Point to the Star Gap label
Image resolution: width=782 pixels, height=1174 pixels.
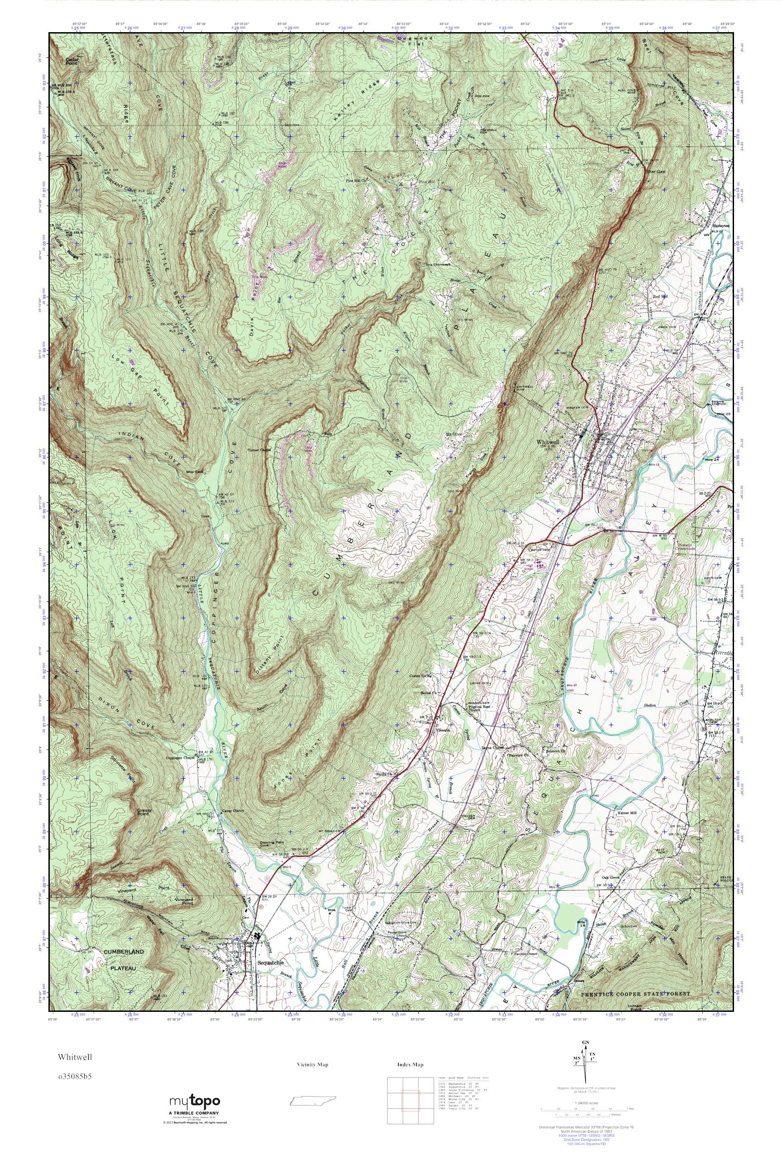656,172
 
